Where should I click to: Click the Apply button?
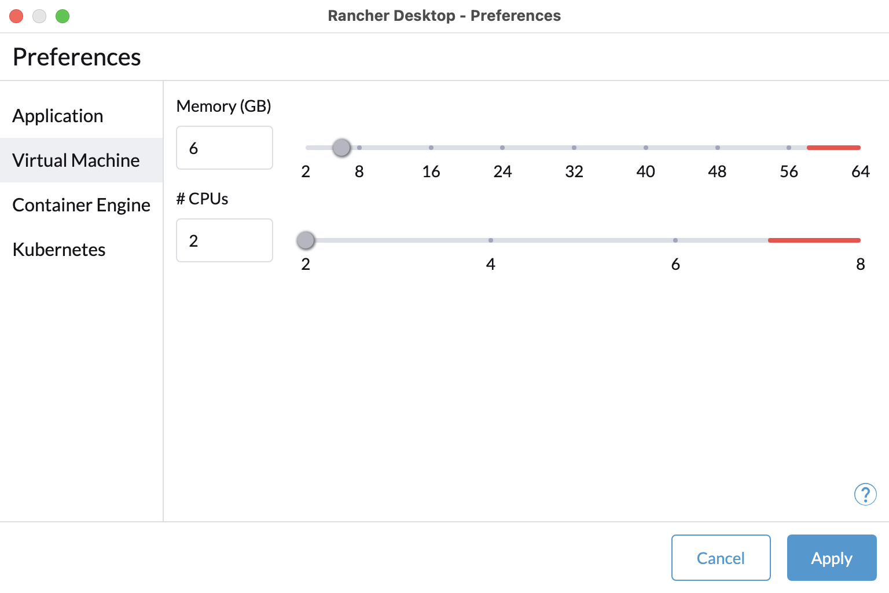[832, 558]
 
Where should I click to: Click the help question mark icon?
[865, 494]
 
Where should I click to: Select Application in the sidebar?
[58, 116]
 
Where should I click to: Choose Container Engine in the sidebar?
[82, 205]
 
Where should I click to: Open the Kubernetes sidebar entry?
[59, 250]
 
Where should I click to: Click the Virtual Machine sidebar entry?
[76, 160]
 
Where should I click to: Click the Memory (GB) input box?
[224, 148]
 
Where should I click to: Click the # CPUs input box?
[224, 240]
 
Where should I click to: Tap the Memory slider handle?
[341, 148]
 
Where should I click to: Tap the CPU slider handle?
[306, 240]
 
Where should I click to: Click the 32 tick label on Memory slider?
[574, 171]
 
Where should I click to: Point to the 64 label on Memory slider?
[861, 171]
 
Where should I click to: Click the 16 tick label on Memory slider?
[431, 171]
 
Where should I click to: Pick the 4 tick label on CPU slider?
[491, 264]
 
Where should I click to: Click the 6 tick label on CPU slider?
[675, 264]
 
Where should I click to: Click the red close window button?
[16, 16]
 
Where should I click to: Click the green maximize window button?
[63, 16]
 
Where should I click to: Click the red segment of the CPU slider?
[814, 240]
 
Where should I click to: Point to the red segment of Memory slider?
[833, 148]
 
